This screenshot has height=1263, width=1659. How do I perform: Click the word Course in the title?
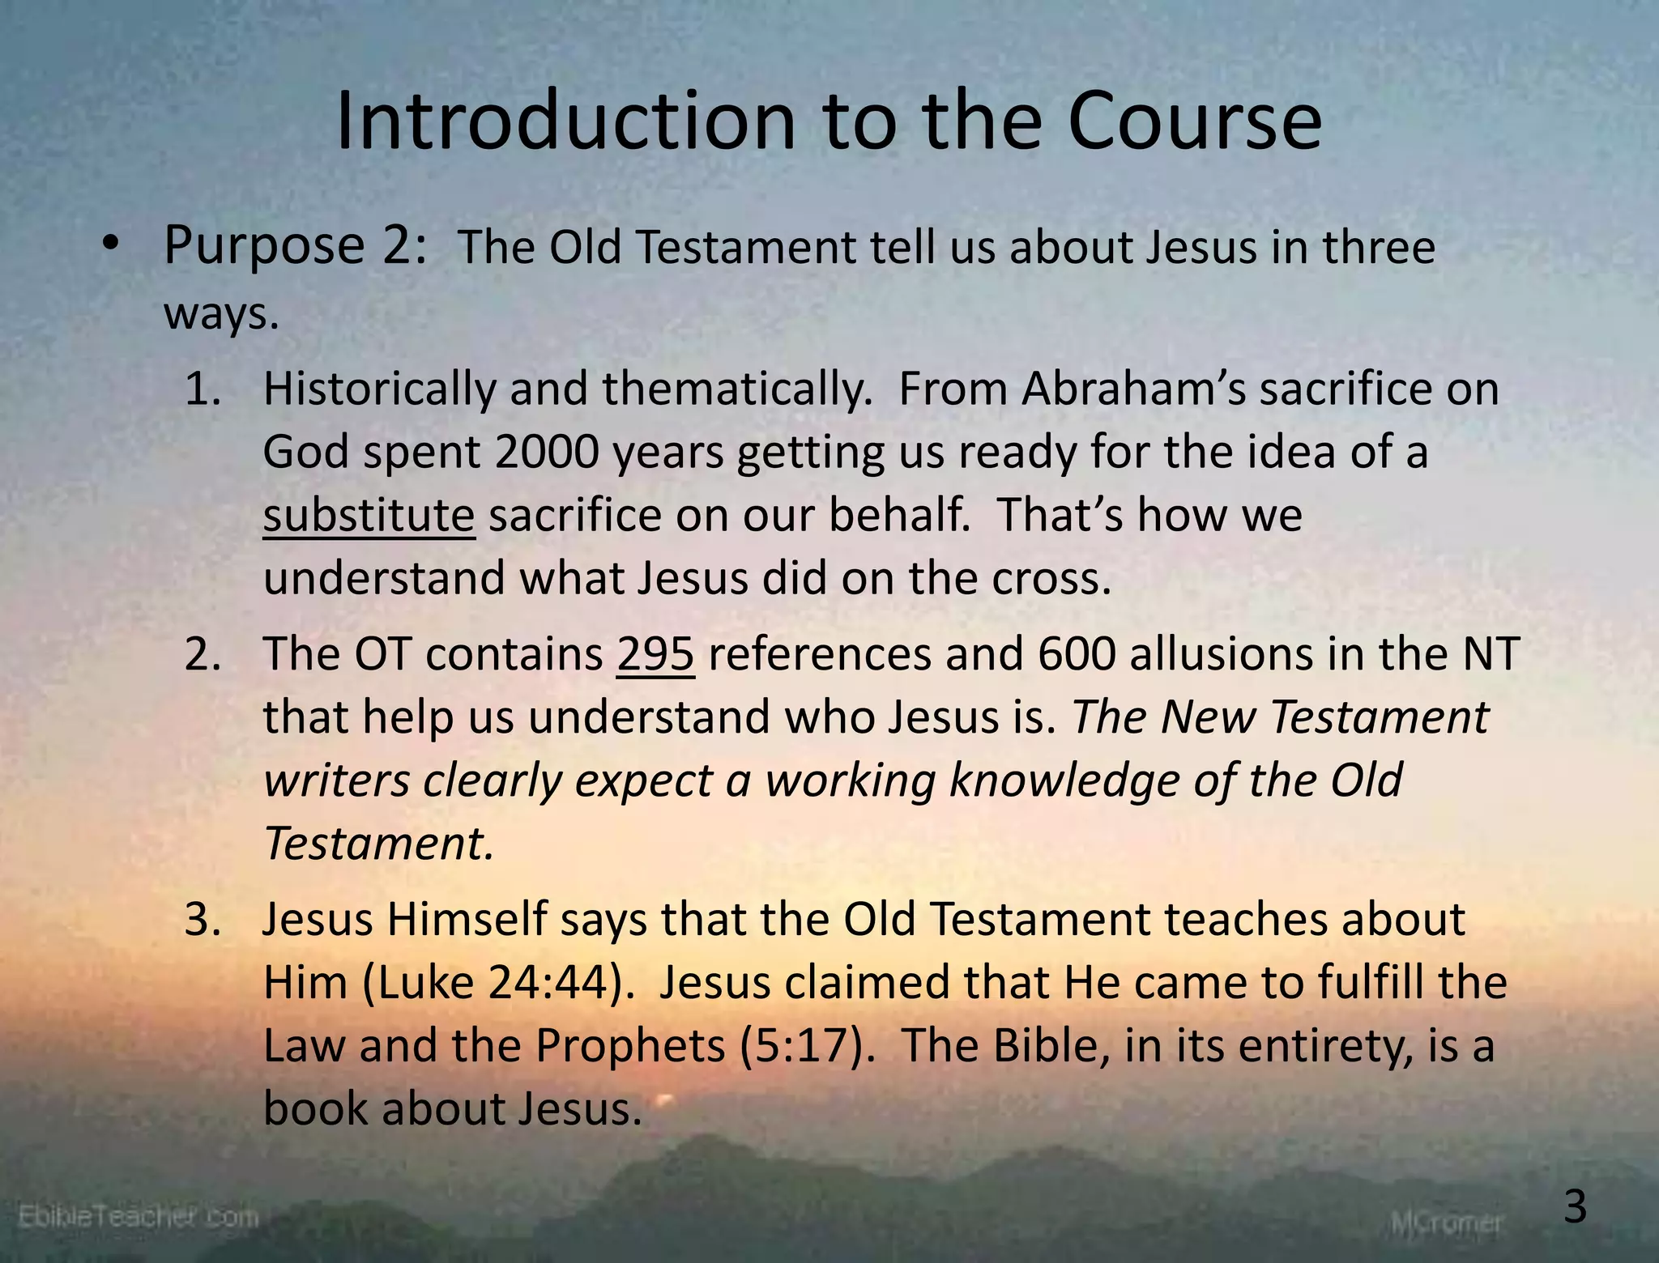(1195, 121)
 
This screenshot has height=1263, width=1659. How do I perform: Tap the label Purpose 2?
(295, 245)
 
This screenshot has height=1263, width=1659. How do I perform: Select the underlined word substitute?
(369, 515)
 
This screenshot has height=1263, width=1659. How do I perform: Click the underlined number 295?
(655, 654)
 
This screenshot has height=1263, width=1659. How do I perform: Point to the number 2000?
(546, 452)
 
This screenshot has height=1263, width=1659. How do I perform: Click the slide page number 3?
(1575, 1208)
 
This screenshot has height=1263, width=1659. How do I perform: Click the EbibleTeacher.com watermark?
(138, 1216)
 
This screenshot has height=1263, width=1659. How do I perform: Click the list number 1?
(203, 389)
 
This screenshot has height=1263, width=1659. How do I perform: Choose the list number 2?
(203, 655)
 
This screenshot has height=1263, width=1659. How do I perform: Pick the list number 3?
(203, 921)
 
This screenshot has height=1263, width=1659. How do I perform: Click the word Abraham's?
(1133, 389)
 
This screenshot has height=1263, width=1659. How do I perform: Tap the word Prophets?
(629, 1046)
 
